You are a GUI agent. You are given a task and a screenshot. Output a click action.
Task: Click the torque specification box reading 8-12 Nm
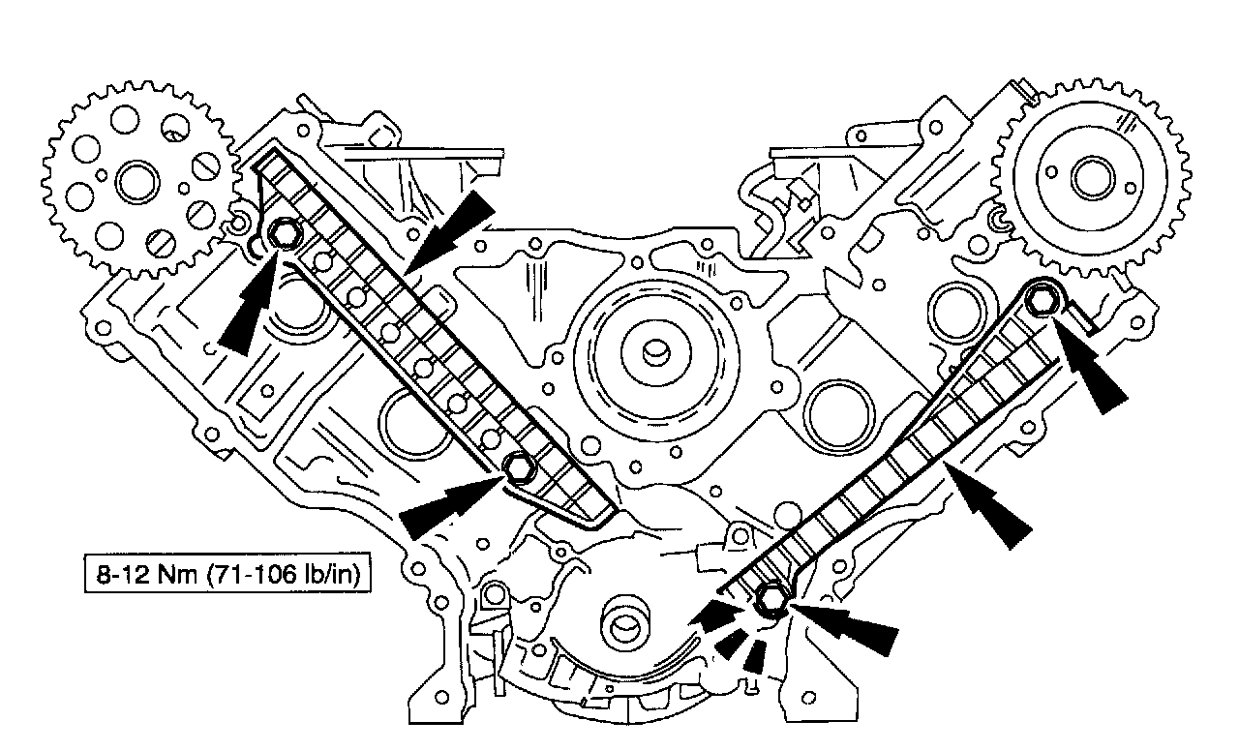[227, 574]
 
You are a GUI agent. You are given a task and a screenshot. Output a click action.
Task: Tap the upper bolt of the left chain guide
[284, 234]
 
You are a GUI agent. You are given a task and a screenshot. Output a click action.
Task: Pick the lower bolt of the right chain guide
[772, 599]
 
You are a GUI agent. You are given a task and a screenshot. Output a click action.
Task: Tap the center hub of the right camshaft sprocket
[1093, 178]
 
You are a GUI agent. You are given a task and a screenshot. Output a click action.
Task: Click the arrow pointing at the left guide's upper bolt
[247, 304]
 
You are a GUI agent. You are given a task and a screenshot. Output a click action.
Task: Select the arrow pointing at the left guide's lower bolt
[450, 506]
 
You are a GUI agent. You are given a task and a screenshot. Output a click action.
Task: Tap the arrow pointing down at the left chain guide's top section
[450, 231]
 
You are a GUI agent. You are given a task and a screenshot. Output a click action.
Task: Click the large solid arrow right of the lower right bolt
[845, 629]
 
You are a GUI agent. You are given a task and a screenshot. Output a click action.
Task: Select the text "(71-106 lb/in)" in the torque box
[284, 575]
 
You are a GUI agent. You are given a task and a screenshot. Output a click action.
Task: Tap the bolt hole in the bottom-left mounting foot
[441, 697]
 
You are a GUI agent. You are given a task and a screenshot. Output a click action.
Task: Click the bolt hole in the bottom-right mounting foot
[808, 698]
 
